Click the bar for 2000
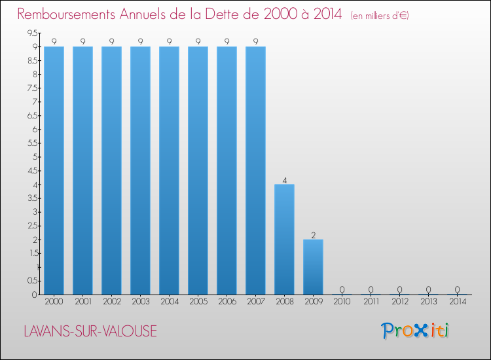click(x=54, y=170)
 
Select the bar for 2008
click(x=284, y=239)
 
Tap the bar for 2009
click(x=313, y=266)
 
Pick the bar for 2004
click(x=169, y=170)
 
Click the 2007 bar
click(x=255, y=170)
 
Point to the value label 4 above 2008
click(x=284, y=179)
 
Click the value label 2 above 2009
click(x=313, y=234)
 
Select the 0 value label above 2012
click(x=399, y=289)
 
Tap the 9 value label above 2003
click(x=140, y=41)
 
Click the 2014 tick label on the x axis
click(x=457, y=302)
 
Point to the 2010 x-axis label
click(x=342, y=302)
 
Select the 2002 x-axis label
click(x=111, y=302)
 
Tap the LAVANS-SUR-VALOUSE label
click(x=90, y=331)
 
